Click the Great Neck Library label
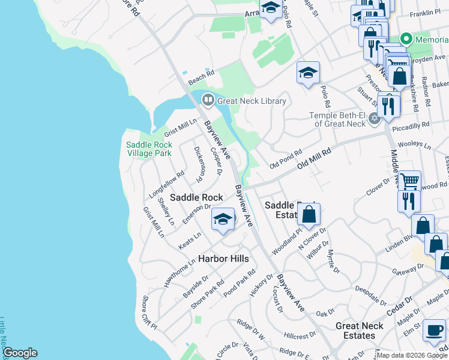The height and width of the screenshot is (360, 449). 252,101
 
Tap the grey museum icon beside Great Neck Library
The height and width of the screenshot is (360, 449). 207,100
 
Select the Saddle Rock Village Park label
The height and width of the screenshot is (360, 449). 149,149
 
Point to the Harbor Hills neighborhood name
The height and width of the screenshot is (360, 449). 223,259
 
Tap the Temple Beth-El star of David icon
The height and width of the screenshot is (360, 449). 375,118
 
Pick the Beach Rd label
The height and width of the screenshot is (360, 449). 201,77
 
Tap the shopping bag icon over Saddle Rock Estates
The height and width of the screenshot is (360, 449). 309,214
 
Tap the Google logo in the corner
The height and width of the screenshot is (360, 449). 20,353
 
